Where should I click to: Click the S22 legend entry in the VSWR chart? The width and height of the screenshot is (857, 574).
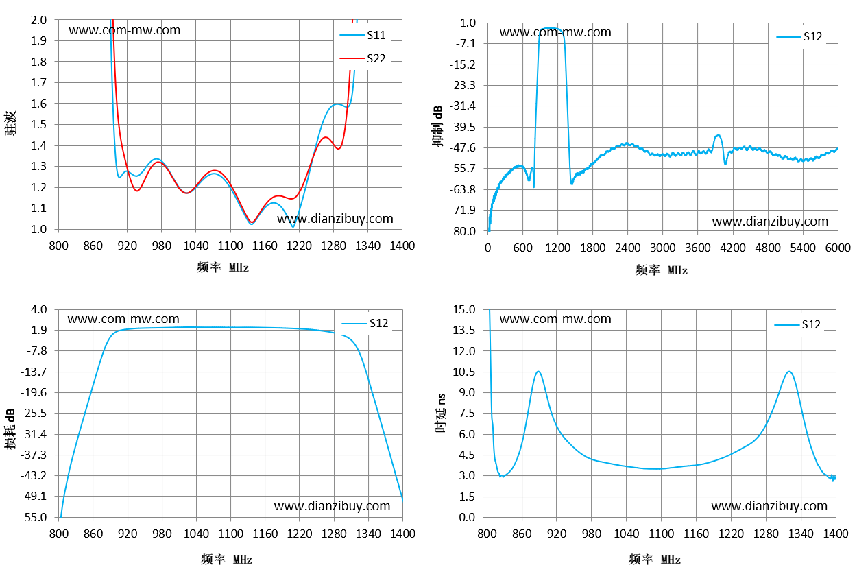click(x=363, y=58)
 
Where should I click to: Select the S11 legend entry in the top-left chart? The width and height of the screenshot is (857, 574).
click(x=363, y=35)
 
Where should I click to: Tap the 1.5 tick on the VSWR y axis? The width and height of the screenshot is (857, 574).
click(x=38, y=124)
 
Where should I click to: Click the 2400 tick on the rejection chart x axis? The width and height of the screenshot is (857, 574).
click(x=627, y=248)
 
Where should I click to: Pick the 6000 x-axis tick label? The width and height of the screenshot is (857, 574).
click(x=838, y=248)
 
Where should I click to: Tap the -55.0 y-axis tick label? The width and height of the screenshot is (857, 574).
click(x=34, y=517)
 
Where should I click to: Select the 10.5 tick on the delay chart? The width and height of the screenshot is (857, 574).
click(x=463, y=372)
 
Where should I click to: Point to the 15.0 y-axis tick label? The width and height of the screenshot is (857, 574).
click(x=463, y=309)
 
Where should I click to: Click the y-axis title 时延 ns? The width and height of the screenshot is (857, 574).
click(x=441, y=413)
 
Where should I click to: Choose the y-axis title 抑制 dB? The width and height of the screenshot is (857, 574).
click(x=437, y=126)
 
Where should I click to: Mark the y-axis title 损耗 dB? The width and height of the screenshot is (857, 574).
click(x=10, y=429)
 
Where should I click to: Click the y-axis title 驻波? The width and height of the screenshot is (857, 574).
click(x=10, y=123)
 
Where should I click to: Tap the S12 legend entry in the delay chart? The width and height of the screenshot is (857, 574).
click(x=797, y=324)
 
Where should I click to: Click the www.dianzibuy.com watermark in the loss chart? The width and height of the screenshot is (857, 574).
click(x=332, y=506)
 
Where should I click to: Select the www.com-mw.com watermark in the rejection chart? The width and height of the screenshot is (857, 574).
click(x=555, y=32)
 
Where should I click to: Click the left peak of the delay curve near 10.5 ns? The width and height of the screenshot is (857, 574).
click(x=538, y=371)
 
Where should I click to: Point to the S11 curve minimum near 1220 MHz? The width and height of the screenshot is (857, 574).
click(x=293, y=226)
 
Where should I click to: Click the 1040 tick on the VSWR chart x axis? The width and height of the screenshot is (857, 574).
click(x=196, y=246)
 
